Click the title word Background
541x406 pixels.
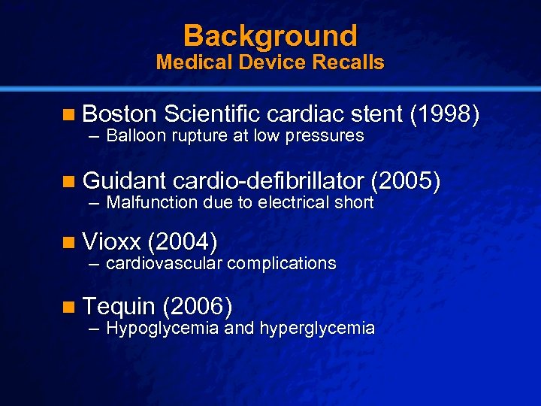(x=270, y=35)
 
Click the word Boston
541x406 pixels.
(x=119, y=114)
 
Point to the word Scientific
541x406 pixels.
(x=211, y=114)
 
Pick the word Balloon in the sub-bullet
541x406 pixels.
(x=138, y=136)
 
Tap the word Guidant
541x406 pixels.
(x=124, y=180)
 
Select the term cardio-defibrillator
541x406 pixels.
(x=268, y=180)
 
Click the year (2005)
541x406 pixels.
(x=407, y=180)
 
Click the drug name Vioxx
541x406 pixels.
(x=113, y=241)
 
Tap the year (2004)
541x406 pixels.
(x=183, y=241)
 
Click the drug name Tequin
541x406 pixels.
(x=119, y=306)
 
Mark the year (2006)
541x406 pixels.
(x=197, y=306)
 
